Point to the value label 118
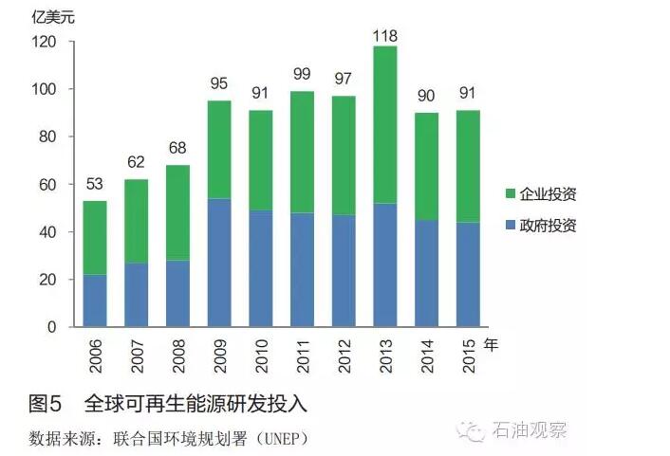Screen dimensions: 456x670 (x=384, y=36)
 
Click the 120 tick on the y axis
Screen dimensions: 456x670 (x=45, y=43)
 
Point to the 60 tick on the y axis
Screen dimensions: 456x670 (x=48, y=185)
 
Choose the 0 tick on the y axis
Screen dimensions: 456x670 (x=52, y=327)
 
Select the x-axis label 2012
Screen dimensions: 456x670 (x=344, y=356)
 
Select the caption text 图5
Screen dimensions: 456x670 (x=46, y=404)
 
